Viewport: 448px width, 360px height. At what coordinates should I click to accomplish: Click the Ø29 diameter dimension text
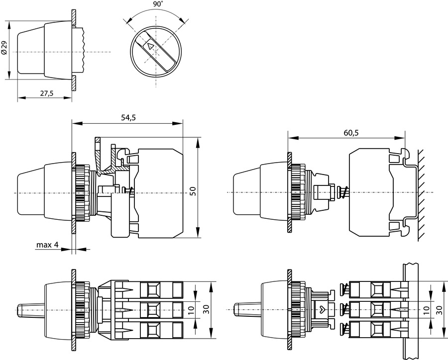click(4, 49)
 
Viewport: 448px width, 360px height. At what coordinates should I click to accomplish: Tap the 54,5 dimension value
click(128, 118)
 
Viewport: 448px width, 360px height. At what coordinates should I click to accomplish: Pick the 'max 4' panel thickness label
click(47, 245)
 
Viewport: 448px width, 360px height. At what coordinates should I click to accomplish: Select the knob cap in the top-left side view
click(32, 52)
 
